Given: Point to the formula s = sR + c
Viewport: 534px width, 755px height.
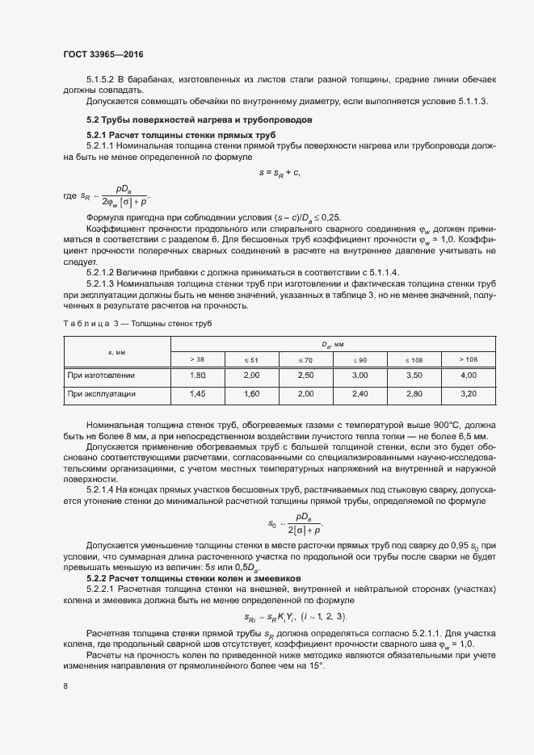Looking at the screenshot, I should click(280, 172).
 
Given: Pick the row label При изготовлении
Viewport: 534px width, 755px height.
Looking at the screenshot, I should click(102, 375).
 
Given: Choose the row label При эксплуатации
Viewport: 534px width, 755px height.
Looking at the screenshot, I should click(102, 394).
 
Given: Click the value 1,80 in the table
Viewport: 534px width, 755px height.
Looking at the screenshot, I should click(198, 375).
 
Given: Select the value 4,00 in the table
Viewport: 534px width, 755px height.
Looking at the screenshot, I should click(468, 375).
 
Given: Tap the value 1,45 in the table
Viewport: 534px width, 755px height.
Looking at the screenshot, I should click(198, 394).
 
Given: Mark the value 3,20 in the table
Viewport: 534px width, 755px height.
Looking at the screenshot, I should click(468, 394).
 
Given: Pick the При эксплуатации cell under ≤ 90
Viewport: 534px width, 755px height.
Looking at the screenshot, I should click(360, 394).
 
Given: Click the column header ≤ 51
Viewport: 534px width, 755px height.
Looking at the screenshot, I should click(252, 359).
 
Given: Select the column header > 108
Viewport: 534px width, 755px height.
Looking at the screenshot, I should click(468, 359).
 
